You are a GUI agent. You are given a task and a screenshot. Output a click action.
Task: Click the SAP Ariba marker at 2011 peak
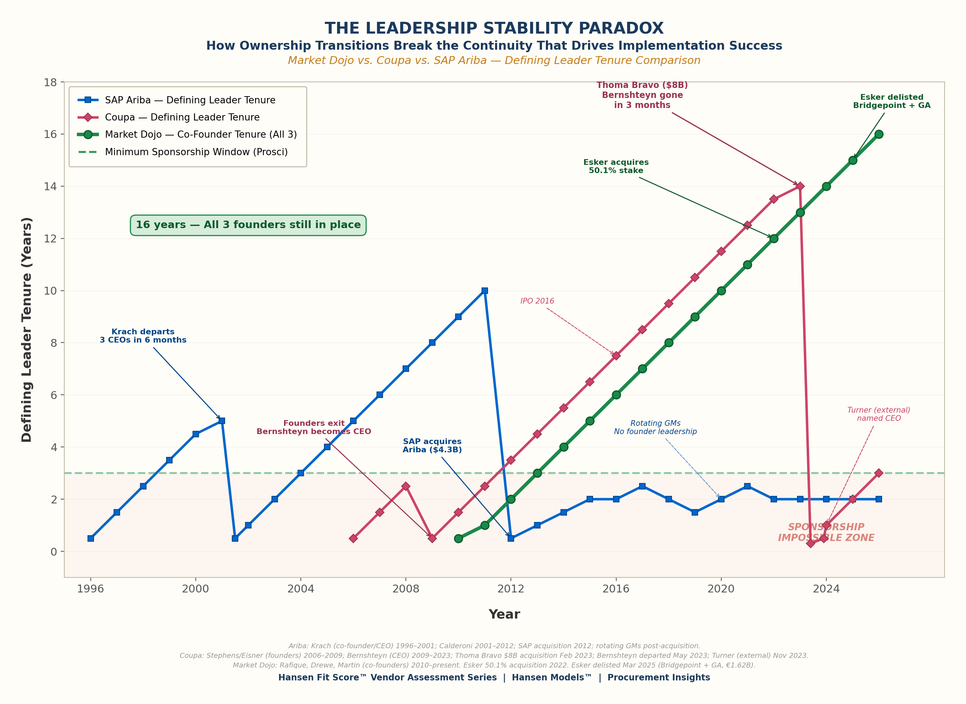(x=484, y=291)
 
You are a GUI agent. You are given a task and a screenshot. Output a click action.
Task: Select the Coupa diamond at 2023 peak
(x=800, y=186)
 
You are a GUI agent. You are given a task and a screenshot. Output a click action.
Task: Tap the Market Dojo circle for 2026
(x=879, y=134)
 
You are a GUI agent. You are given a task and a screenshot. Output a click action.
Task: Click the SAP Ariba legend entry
(x=190, y=100)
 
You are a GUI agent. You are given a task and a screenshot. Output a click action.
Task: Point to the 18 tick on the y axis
(x=50, y=82)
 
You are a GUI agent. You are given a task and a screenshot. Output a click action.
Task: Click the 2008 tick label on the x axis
(x=405, y=589)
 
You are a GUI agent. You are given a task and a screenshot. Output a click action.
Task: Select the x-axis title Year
(x=504, y=614)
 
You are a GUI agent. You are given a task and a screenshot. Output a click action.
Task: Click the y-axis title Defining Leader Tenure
(x=27, y=329)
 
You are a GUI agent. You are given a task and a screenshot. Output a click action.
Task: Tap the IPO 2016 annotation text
(x=537, y=301)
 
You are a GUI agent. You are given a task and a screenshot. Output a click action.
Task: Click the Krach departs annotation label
(x=143, y=336)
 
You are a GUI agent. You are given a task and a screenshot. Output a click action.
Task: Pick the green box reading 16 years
(x=248, y=225)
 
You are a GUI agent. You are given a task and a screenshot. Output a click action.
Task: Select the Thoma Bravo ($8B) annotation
(x=642, y=95)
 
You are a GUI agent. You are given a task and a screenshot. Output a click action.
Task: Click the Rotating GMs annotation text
(x=655, y=427)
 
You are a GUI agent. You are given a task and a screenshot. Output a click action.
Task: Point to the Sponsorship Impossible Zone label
(x=826, y=532)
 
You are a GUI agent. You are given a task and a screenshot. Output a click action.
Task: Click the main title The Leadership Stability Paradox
(x=494, y=28)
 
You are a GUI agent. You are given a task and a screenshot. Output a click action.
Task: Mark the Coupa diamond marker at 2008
(x=405, y=486)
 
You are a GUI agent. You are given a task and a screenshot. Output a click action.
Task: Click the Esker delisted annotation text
(x=891, y=102)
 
